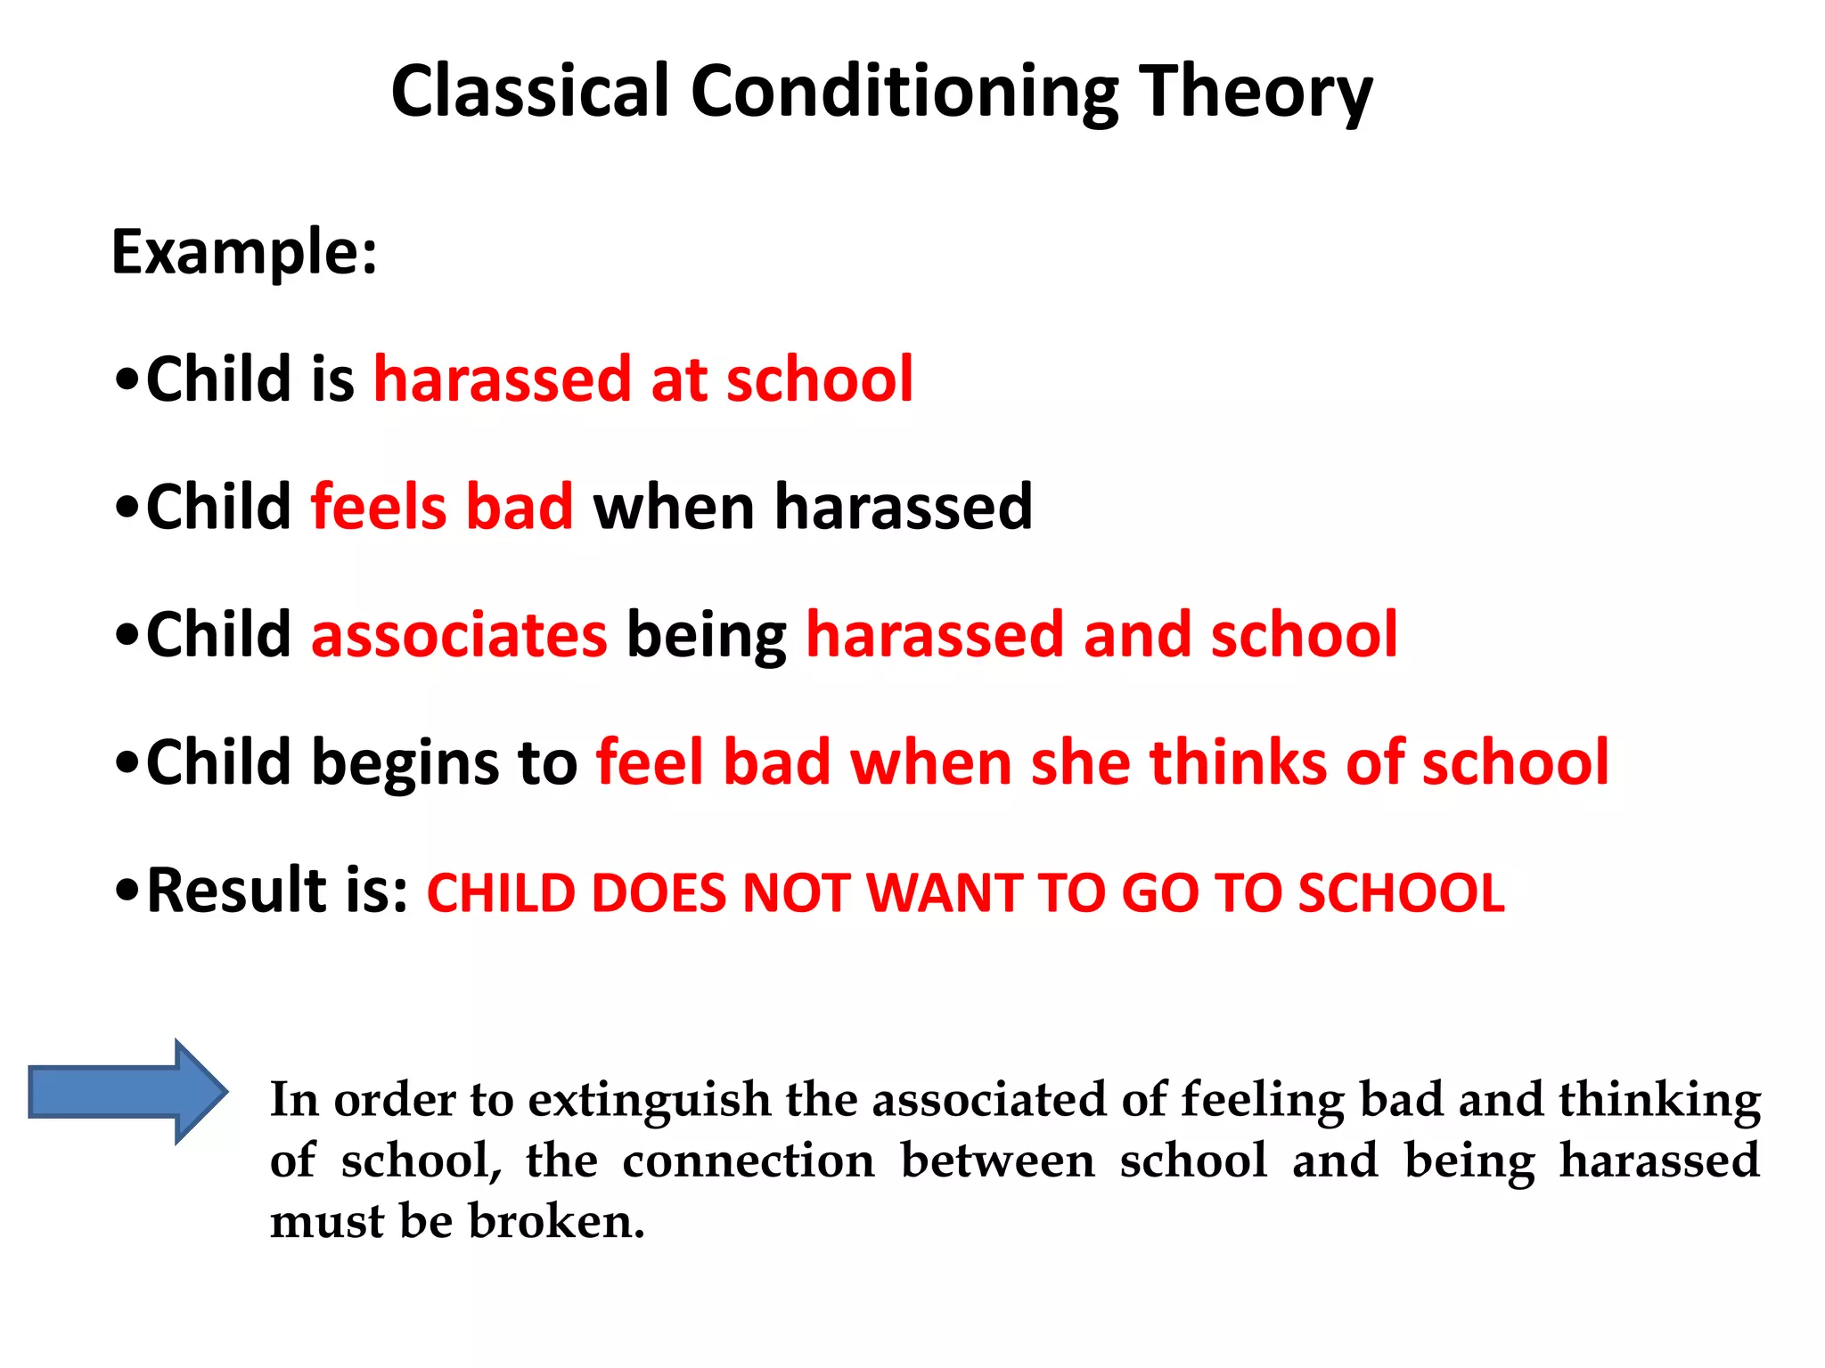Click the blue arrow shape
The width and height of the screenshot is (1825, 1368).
(x=125, y=1091)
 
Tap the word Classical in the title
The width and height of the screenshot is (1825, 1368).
(x=529, y=92)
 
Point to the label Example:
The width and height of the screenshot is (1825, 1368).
(x=244, y=252)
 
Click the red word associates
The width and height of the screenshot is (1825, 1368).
(x=459, y=635)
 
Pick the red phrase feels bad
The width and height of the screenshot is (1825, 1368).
(x=441, y=507)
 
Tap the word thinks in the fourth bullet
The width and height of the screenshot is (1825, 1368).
(x=1238, y=763)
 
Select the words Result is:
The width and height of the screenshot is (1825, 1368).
(x=277, y=891)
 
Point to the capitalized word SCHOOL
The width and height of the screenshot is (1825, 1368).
(x=1401, y=893)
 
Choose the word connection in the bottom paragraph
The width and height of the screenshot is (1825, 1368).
(x=749, y=1161)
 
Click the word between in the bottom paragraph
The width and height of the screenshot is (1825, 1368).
(x=997, y=1161)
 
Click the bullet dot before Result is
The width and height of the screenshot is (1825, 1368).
(x=127, y=890)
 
